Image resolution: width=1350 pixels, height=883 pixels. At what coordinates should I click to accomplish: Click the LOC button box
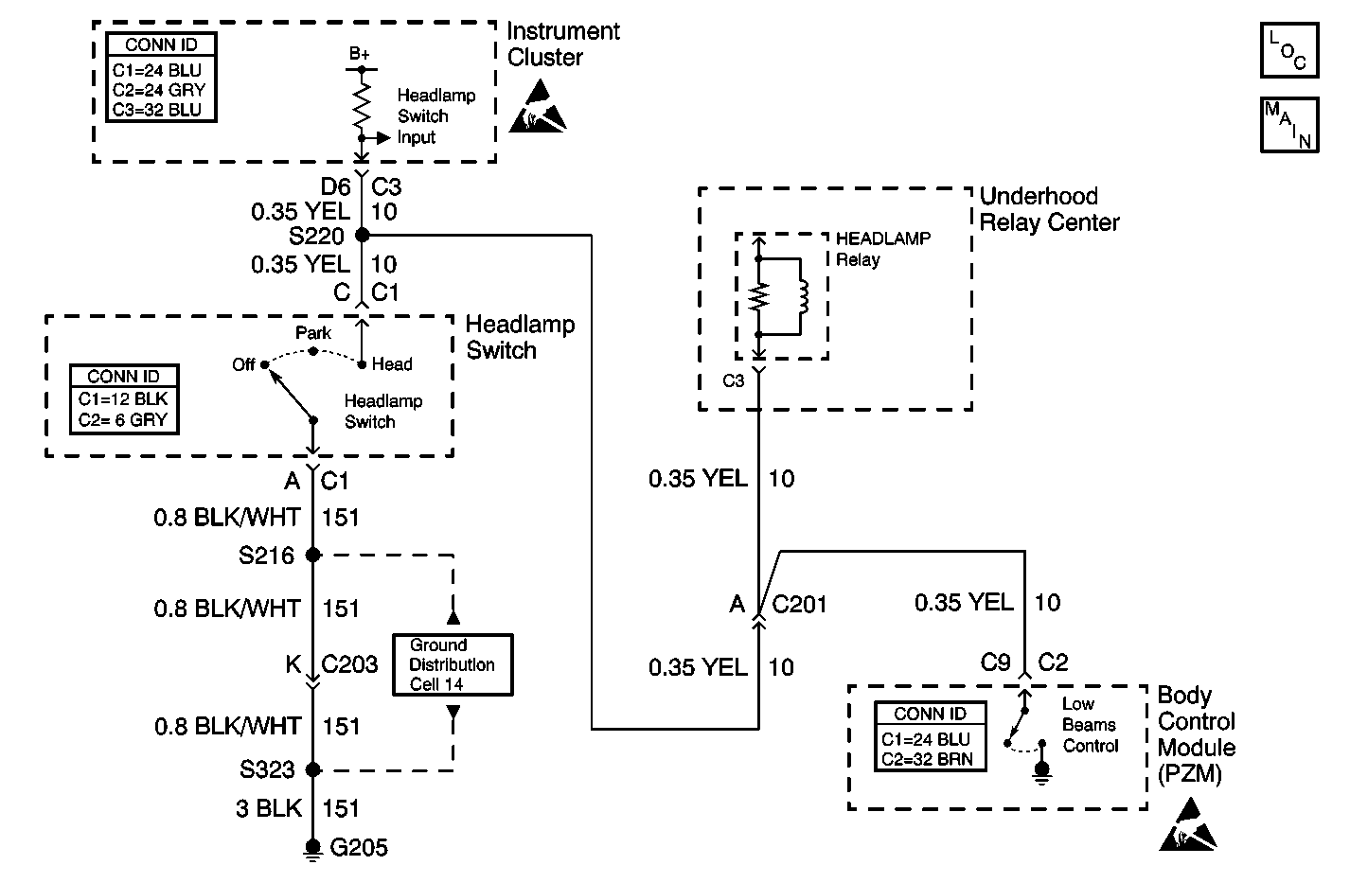[x=1289, y=50]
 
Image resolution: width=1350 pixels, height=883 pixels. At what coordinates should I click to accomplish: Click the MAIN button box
[x=1289, y=125]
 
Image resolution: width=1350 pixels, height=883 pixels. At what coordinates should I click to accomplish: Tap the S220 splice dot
[x=363, y=235]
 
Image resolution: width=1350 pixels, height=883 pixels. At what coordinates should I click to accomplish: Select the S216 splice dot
[x=312, y=555]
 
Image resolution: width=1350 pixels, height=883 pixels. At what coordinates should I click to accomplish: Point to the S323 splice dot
[x=312, y=769]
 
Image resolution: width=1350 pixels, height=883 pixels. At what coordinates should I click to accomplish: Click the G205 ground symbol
[x=312, y=851]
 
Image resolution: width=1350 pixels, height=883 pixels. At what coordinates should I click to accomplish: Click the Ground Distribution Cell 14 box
[x=453, y=665]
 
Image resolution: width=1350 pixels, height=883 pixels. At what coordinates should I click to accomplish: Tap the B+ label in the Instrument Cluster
[x=359, y=54]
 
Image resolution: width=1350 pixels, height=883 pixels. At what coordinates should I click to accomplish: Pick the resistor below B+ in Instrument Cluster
[x=362, y=104]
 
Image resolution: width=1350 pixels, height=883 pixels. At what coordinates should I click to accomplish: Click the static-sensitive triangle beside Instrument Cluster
[x=538, y=109]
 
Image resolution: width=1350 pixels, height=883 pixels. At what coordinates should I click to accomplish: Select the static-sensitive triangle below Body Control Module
[x=1188, y=825]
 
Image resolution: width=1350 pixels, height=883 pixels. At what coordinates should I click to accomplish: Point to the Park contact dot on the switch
[x=313, y=351]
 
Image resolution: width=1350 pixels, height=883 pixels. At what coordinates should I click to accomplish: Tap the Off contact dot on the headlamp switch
[x=264, y=365]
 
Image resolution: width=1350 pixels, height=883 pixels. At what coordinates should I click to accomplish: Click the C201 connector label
[x=799, y=604]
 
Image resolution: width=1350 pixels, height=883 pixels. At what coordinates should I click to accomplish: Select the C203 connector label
[x=349, y=663]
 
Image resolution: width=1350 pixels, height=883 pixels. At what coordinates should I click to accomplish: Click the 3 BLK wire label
[x=269, y=808]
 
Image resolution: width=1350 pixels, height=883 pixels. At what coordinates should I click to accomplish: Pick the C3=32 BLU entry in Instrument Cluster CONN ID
[x=157, y=110]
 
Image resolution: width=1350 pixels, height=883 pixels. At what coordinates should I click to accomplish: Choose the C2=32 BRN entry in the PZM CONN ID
[x=927, y=759]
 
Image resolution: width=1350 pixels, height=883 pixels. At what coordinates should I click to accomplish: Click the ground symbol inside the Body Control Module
[x=1042, y=772]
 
